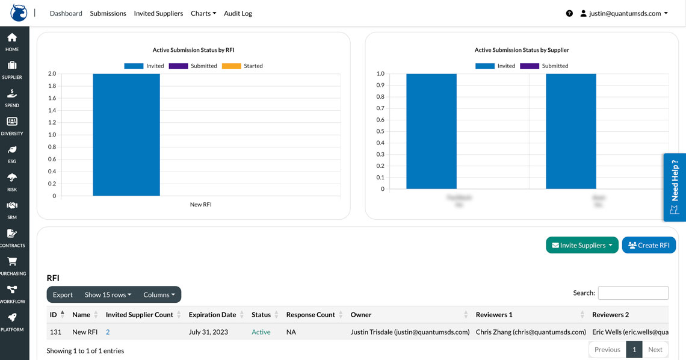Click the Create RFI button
[649, 245]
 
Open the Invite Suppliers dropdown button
[582, 245]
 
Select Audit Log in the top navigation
[238, 13]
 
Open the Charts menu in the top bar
[203, 13]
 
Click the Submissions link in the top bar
[108, 13]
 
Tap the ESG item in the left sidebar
[12, 154]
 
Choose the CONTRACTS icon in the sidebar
[12, 238]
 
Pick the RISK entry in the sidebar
[12, 182]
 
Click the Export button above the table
[63, 294]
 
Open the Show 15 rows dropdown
[108, 294]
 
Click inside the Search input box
[633, 293]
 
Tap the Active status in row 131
[261, 332]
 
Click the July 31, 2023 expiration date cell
[208, 332]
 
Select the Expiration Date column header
[212, 314]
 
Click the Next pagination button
[655, 349]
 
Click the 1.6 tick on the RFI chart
[52, 98]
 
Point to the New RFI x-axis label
[201, 205]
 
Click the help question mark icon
[569, 13]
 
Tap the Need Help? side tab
[675, 187]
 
